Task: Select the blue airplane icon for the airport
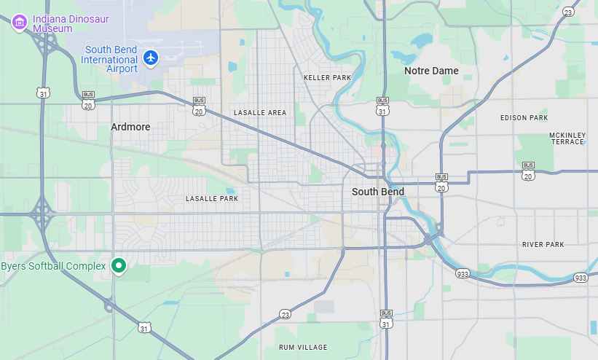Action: coord(151,57)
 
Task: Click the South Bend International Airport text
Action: coord(109,59)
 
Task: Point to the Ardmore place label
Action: coord(130,127)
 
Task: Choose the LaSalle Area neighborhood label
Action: coord(260,112)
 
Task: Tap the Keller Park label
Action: coord(327,77)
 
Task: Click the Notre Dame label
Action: coord(431,71)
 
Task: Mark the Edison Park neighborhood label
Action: coord(524,117)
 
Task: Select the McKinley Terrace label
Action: coord(567,138)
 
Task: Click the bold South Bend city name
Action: coord(377,192)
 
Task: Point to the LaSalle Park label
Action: coord(212,198)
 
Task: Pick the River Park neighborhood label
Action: coord(543,244)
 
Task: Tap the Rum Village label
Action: coord(303,347)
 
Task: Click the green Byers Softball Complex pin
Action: coord(118,266)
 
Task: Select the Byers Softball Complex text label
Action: coord(53,266)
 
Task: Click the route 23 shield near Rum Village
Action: coord(285,314)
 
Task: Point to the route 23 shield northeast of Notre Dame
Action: coord(568,11)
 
